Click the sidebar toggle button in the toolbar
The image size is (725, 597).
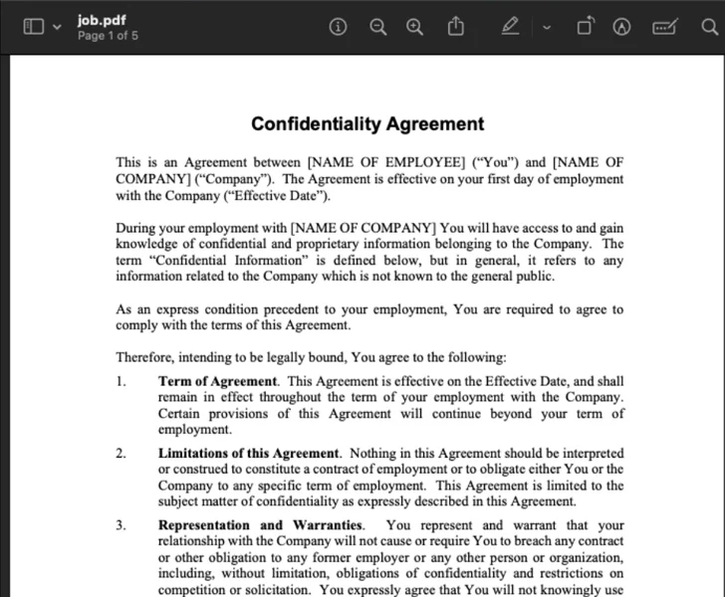pos(34,27)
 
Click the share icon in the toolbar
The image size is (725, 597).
pos(456,27)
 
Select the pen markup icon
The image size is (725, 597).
pos(510,27)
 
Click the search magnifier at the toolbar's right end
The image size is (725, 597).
pos(709,27)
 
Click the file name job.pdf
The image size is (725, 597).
pos(95,20)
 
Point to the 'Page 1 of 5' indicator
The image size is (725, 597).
pos(108,36)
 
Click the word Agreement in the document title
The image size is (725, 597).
pos(439,124)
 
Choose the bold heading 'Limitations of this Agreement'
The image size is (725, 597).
pos(249,453)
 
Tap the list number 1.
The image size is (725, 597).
pos(121,381)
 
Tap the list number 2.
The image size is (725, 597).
pos(121,453)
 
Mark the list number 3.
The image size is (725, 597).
pos(121,525)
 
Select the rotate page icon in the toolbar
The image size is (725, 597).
pos(585,27)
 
